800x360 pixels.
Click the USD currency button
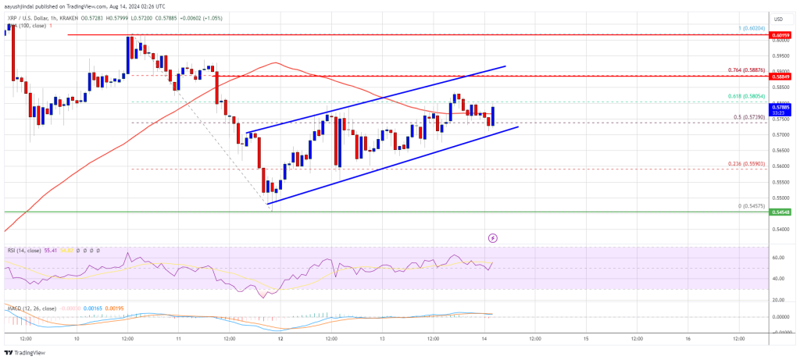[777, 19]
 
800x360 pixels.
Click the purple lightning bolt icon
[492, 237]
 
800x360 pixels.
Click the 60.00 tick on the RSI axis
[777, 257]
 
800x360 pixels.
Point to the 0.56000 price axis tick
[777, 166]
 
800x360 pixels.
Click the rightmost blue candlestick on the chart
[493, 115]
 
